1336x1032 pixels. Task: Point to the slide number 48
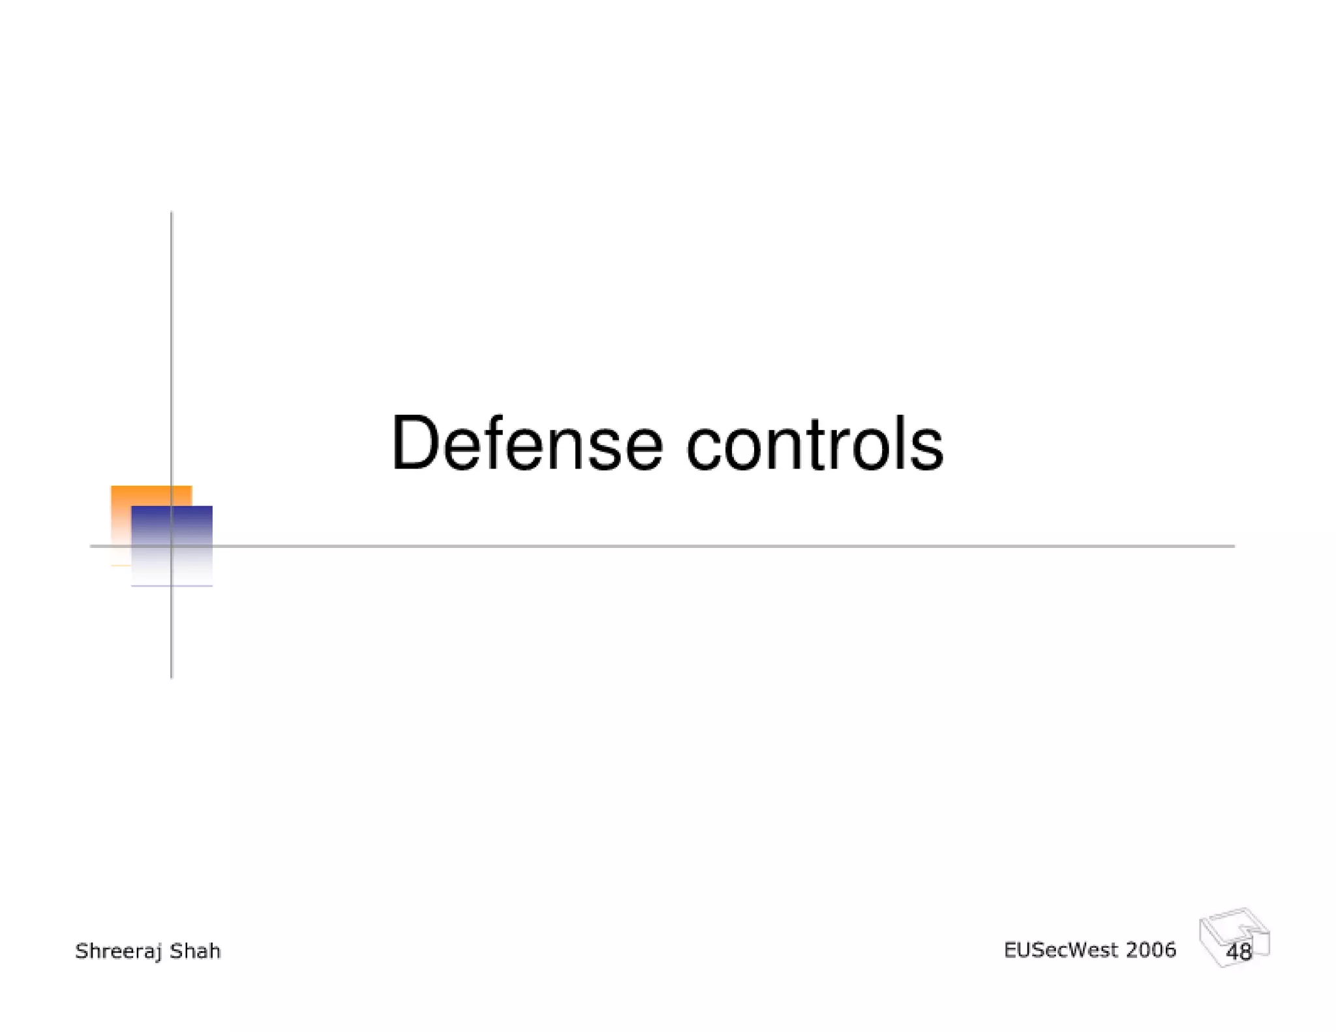click(1239, 952)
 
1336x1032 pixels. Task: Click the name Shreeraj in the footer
click(118, 951)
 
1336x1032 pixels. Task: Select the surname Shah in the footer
click(195, 950)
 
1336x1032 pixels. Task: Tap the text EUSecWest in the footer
click(1061, 950)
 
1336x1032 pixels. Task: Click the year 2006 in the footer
click(1151, 950)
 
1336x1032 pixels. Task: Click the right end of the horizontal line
click(1232, 546)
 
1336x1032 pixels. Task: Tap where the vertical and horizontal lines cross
click(172, 546)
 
